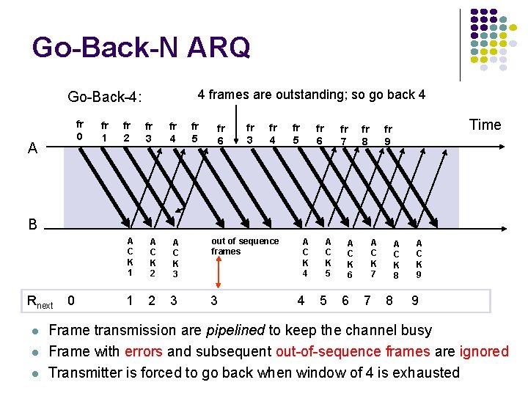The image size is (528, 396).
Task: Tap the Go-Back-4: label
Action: tap(105, 97)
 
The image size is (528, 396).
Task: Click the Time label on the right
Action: tap(485, 125)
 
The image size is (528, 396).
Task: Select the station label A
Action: tap(32, 149)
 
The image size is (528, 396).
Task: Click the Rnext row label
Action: tap(40, 301)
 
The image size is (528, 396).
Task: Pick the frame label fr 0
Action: tap(80, 131)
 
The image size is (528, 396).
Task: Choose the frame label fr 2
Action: tap(127, 132)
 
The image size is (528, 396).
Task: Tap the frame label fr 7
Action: tap(343, 135)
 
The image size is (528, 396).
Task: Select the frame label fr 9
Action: tap(388, 135)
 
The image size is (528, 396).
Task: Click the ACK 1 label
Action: tap(130, 257)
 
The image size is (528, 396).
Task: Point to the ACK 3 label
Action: tap(175, 259)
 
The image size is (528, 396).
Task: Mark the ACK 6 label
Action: tap(350, 259)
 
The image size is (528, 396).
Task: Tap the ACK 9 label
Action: tap(419, 259)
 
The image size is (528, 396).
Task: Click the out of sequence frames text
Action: tap(244, 246)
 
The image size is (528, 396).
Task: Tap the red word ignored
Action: tap(484, 352)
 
